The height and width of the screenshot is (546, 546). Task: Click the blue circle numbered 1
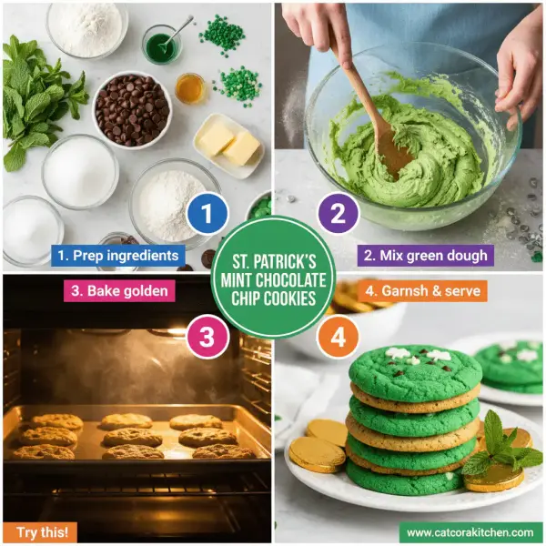click(x=206, y=215)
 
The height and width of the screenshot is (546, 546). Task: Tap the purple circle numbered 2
click(x=338, y=215)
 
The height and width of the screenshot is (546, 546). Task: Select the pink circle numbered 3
click(x=207, y=338)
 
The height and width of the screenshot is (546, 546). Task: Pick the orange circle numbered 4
click(x=339, y=338)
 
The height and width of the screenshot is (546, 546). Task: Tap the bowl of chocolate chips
click(x=132, y=109)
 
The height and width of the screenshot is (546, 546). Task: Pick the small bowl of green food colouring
click(x=161, y=45)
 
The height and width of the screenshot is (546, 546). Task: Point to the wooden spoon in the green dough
click(x=369, y=109)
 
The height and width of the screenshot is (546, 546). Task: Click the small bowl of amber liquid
click(x=190, y=88)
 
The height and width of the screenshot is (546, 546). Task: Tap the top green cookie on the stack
click(x=414, y=369)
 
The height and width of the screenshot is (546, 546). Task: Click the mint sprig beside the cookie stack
click(x=500, y=446)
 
